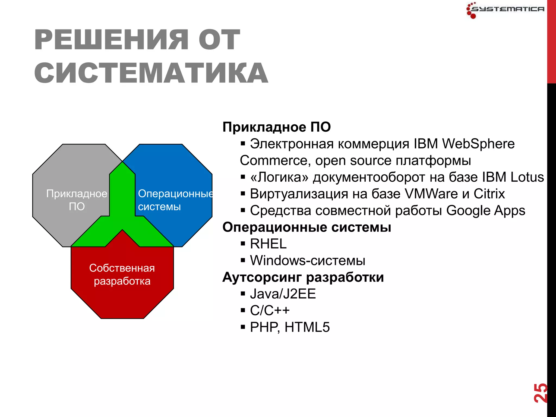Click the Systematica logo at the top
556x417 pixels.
coord(505,10)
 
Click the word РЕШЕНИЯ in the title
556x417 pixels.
coord(111,40)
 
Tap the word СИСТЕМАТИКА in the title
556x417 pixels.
coord(151,73)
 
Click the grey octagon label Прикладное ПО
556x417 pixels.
coord(77,200)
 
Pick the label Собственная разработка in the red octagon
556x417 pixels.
coord(122,274)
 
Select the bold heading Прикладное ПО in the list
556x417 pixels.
coord(276,127)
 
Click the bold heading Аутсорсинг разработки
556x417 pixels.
coord(303,277)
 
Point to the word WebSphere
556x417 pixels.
coord(478,144)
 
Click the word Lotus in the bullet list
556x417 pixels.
coord(527,177)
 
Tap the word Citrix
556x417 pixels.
coord(489,194)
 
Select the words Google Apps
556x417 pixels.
coord(485,211)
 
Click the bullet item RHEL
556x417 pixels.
coord(268,244)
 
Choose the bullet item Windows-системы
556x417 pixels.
coord(307,261)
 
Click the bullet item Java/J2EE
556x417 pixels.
coord(283,294)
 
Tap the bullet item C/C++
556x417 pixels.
coord(270,311)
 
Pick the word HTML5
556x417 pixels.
coord(307,327)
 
